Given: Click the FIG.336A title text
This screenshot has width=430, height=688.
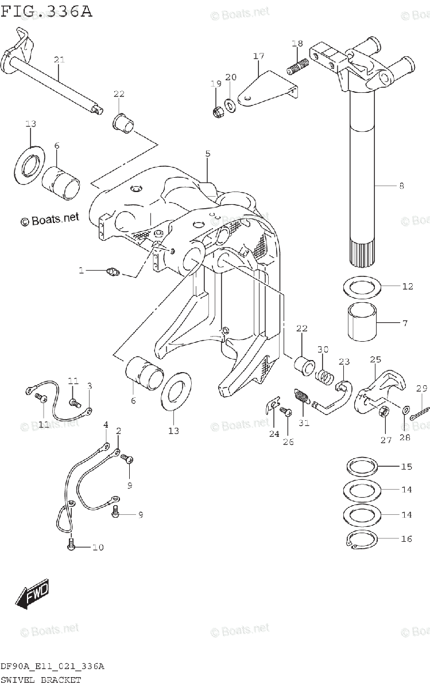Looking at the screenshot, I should [x=46, y=11].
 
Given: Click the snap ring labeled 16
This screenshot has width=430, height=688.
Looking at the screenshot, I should [x=362, y=540].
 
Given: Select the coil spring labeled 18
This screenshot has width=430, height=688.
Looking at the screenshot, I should [x=295, y=68].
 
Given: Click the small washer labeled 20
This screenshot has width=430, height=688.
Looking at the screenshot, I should [x=230, y=104].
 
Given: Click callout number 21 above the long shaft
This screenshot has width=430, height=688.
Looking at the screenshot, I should [x=59, y=60].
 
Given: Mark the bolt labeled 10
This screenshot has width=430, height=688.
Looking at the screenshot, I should [x=71, y=545].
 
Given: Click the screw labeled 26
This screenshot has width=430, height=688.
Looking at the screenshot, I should [x=285, y=411].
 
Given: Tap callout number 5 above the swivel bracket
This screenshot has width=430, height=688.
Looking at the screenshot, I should [x=208, y=153].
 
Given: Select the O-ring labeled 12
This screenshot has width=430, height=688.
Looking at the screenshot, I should [x=362, y=287].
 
